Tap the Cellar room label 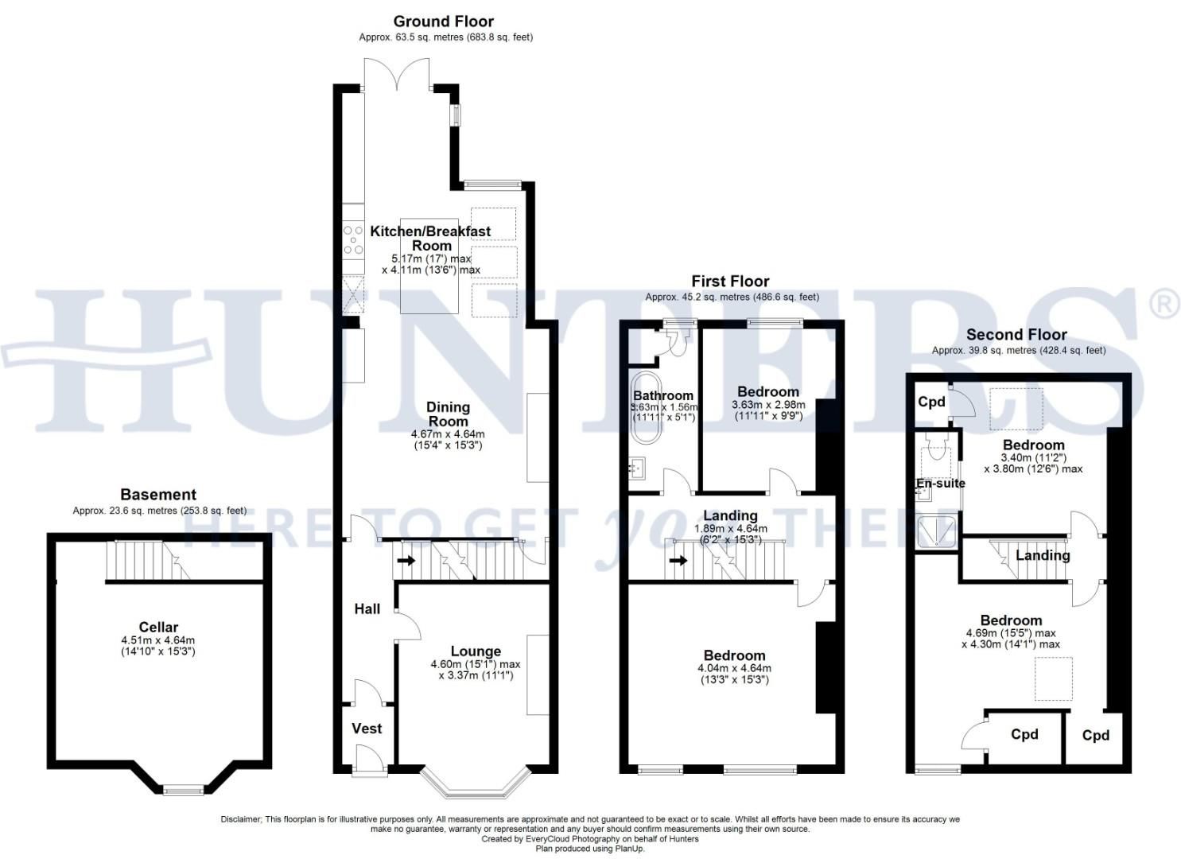click(x=158, y=627)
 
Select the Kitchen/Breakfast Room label click(x=430, y=238)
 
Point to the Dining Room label click(x=448, y=414)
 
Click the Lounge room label click(x=476, y=651)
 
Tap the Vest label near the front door click(x=367, y=728)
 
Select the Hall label click(x=367, y=608)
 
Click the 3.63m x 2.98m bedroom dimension click(x=767, y=405)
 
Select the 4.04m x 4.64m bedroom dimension click(x=734, y=668)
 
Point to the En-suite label click(x=941, y=483)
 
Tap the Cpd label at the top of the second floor click(x=931, y=402)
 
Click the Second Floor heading click(x=1016, y=334)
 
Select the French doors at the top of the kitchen click(x=398, y=76)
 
